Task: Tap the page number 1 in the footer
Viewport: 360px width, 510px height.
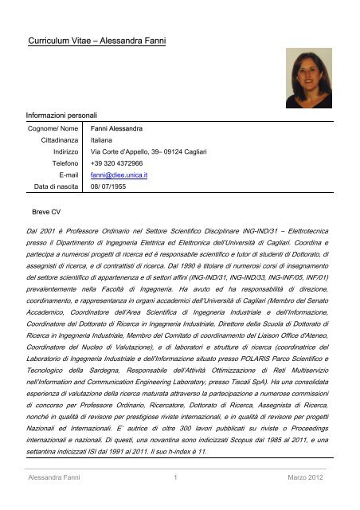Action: (173, 498)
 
